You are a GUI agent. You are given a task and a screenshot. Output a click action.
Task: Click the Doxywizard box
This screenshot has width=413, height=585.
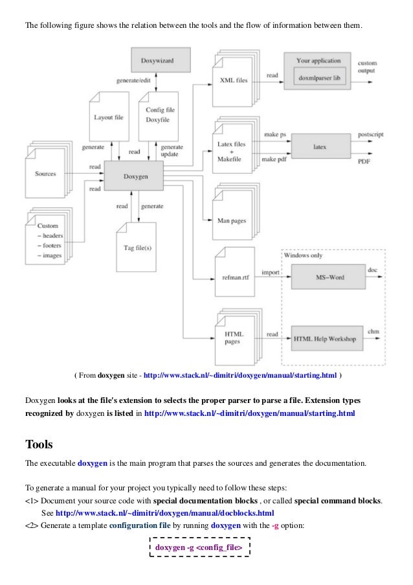pyautogui.click(x=161, y=60)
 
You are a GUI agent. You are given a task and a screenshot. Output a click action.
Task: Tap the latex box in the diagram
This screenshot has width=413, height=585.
pyautogui.click(x=320, y=147)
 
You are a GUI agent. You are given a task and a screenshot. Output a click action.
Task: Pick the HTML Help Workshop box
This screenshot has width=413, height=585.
pyautogui.click(x=324, y=338)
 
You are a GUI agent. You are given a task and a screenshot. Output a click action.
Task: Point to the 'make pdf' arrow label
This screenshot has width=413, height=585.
pyautogui.click(x=274, y=159)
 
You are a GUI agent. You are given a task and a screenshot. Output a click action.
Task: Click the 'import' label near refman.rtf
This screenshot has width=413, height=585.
pyautogui.click(x=271, y=272)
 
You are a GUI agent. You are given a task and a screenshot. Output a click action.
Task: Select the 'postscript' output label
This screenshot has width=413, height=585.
pyautogui.click(x=370, y=135)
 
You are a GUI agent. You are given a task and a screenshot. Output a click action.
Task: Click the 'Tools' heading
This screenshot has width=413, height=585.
pyautogui.click(x=39, y=444)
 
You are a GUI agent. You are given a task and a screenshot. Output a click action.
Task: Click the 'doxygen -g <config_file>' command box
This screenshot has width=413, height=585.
pyautogui.click(x=199, y=549)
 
